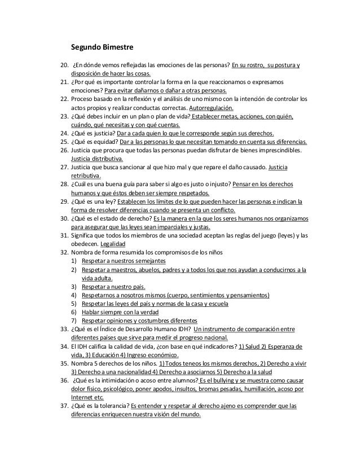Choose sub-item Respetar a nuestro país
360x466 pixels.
pos(113,285)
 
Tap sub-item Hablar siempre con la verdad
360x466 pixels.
pos(120,311)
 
